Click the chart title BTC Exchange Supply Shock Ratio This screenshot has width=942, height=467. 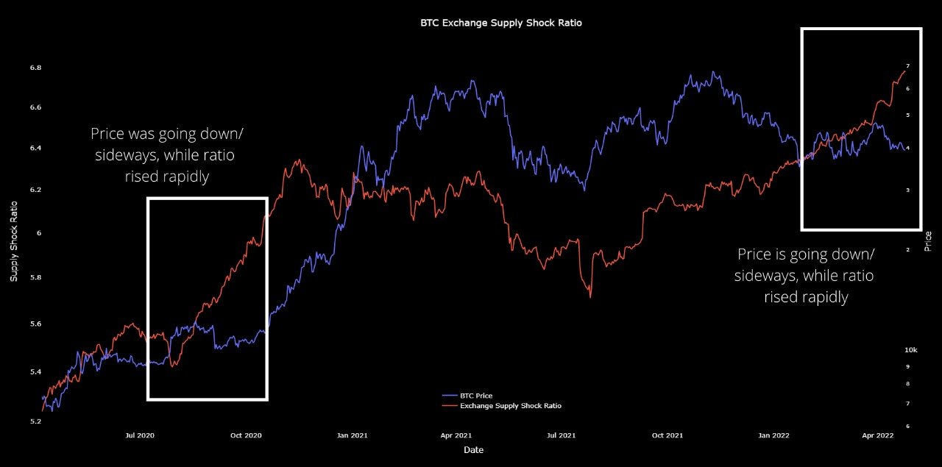tap(500, 23)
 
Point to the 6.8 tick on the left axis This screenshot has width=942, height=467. tap(35, 68)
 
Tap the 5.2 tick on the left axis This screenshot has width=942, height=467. tap(35, 421)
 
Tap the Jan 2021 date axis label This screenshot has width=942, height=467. tap(353, 435)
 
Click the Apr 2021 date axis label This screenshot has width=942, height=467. tap(456, 435)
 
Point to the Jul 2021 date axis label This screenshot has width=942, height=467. tap(562, 435)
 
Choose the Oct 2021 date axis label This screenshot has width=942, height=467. tap(667, 435)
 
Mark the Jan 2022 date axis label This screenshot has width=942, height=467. tap(774, 435)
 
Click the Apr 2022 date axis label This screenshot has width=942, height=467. tap(878, 435)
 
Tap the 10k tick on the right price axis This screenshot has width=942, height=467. tap(910, 349)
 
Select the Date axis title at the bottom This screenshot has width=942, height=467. tap(474, 449)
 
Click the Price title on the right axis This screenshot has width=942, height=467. tap(928, 240)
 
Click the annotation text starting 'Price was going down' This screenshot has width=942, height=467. tap(163, 156)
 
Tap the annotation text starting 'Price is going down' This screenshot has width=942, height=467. tap(806, 276)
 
